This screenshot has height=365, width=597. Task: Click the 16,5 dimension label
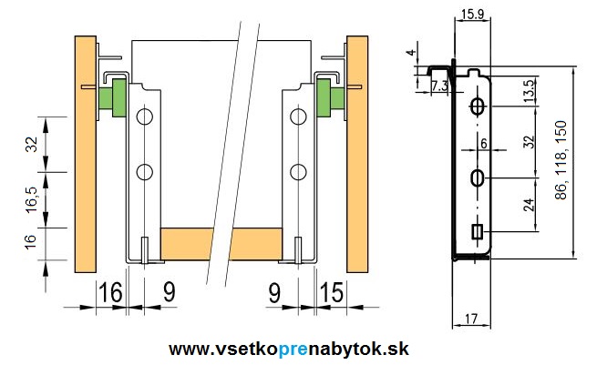pos(31,199)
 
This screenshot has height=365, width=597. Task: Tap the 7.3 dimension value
pos(439,86)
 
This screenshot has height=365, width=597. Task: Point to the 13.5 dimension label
pos(530,92)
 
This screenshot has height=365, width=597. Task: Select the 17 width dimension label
pos(470,319)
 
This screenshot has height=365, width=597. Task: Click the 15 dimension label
pos(332,293)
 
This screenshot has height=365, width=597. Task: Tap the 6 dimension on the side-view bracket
pos(484,143)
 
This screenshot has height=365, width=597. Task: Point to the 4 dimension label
pos(411,53)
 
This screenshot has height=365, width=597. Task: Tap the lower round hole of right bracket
pos(297,171)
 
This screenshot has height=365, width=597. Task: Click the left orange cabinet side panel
pos(85,155)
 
